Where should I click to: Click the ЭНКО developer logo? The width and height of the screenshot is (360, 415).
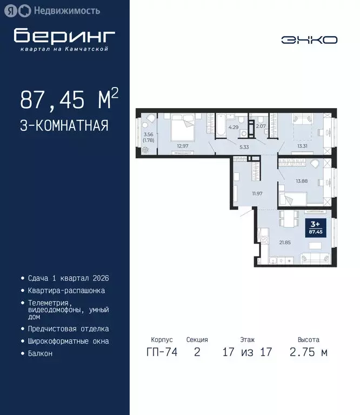pyautogui.click(x=309, y=40)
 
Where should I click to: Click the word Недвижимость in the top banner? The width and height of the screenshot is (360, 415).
pyautogui.click(x=66, y=10)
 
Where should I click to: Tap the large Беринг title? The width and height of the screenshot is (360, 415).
pyautogui.click(x=64, y=36)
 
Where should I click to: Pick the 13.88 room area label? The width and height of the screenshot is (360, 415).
pyautogui.click(x=301, y=181)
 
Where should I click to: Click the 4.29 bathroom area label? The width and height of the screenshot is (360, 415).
pyautogui.click(x=234, y=128)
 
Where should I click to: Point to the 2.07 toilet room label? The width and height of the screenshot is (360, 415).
pyautogui.click(x=261, y=126)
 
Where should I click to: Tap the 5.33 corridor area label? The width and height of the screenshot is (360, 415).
pyautogui.click(x=244, y=146)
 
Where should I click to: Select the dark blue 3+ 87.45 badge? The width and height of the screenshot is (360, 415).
pyautogui.click(x=314, y=227)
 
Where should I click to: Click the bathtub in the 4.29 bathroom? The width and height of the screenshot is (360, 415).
pyautogui.click(x=221, y=125)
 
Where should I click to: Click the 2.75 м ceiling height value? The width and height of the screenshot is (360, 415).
pyautogui.click(x=308, y=352)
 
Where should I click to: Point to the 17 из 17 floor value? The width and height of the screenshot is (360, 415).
pyautogui.click(x=247, y=352)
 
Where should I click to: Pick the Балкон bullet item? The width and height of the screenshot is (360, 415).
pyautogui.click(x=41, y=353)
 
